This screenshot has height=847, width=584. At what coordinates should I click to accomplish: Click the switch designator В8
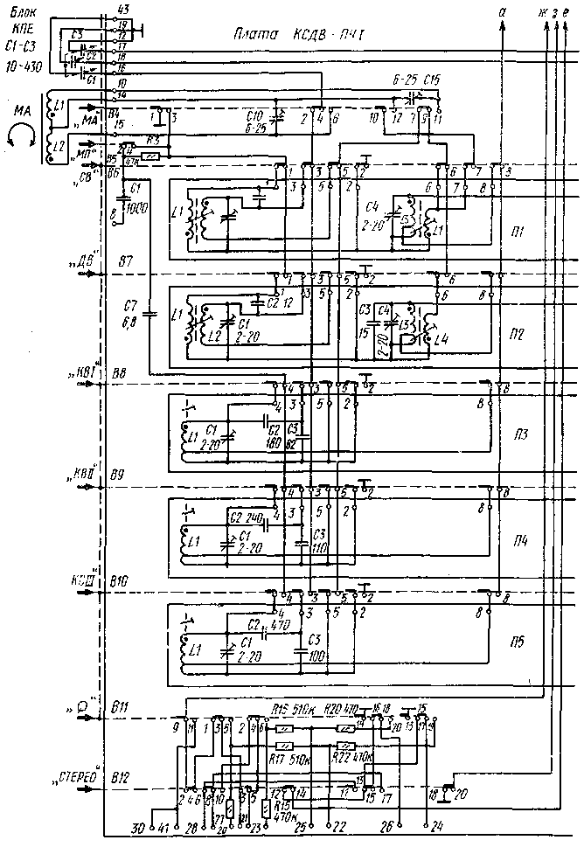tap(121, 372)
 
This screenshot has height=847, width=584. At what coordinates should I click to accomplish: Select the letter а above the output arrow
tap(502, 12)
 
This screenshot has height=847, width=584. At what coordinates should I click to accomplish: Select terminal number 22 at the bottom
tap(330, 827)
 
